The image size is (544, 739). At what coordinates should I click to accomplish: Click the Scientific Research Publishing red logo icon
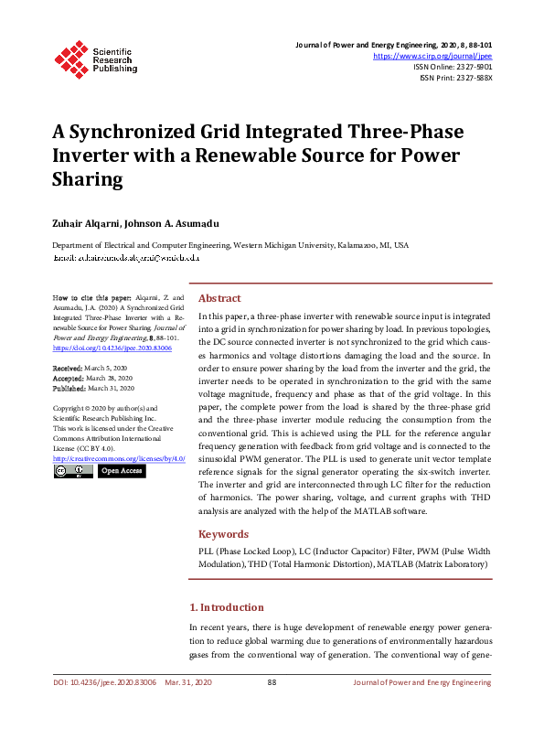pyautogui.click(x=71, y=56)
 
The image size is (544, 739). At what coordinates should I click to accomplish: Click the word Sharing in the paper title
pyautogui.click(x=88, y=178)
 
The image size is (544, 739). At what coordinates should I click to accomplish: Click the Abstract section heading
pyautogui.click(x=219, y=298)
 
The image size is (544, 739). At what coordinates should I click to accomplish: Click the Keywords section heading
pyautogui.click(x=224, y=534)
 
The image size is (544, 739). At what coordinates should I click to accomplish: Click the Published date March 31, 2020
pyautogui.click(x=111, y=387)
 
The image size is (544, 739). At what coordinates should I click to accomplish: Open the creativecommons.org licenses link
pyautogui.click(x=119, y=457)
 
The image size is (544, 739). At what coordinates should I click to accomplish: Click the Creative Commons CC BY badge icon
pyautogui.click(x=72, y=471)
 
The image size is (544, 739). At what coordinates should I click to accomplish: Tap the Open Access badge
pyautogui.click(x=122, y=471)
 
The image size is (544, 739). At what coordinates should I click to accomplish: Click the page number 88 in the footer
pyautogui.click(x=272, y=683)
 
